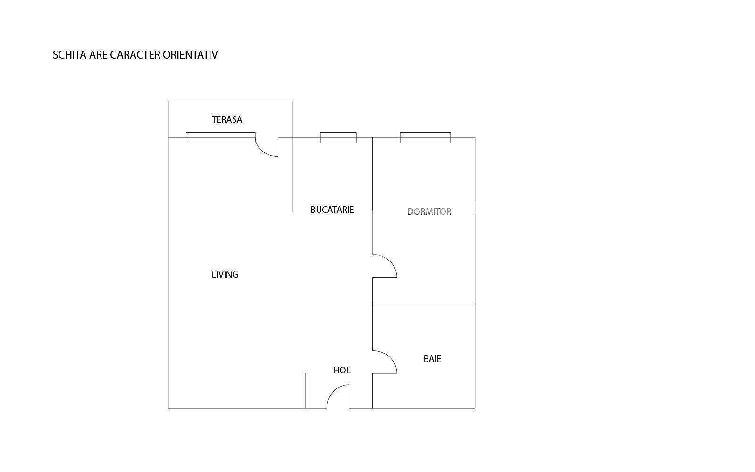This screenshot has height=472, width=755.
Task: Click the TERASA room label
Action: (x=226, y=119)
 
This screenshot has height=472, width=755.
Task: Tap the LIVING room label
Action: (x=225, y=274)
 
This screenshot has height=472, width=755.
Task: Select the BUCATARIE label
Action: (x=332, y=210)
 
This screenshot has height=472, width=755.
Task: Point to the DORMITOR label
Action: (x=429, y=211)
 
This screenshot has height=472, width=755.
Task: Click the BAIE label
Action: (x=432, y=359)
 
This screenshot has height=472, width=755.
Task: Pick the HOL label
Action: (x=342, y=370)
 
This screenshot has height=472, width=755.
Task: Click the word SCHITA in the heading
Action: (x=69, y=55)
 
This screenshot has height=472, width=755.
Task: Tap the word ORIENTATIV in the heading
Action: (x=190, y=55)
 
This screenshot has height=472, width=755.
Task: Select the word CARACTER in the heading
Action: (x=135, y=55)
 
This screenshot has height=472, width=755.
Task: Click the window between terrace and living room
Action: (x=220, y=137)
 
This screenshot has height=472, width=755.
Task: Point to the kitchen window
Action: (x=338, y=137)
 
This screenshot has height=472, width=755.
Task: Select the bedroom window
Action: (x=425, y=137)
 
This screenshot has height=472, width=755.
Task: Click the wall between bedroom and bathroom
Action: (x=423, y=304)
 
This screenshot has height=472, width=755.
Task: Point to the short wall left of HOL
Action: (x=306, y=390)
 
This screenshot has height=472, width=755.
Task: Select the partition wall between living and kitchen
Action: (x=292, y=175)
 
